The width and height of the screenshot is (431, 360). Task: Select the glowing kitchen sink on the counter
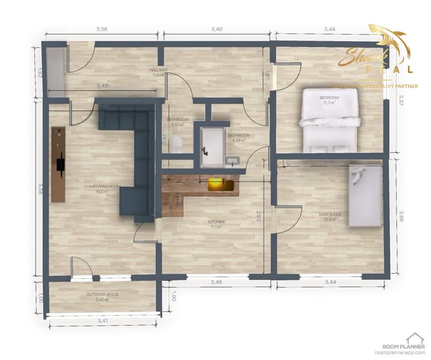(218, 184)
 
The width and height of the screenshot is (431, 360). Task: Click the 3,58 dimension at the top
(102, 29)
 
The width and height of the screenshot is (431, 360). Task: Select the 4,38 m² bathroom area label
(239, 139)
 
